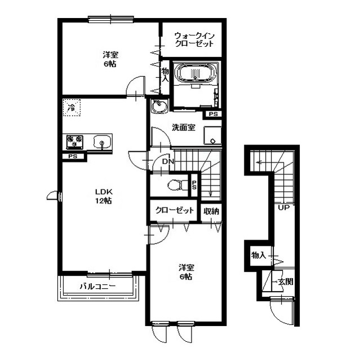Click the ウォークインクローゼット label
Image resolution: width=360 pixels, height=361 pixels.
(194, 40)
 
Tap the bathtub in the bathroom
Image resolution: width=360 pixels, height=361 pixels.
(195, 72)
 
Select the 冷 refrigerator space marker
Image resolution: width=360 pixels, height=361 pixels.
(72, 108)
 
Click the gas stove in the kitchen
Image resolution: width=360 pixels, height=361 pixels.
(75, 141)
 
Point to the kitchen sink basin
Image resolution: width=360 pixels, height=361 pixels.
(102, 142)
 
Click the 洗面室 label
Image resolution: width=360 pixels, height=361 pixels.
(184, 127)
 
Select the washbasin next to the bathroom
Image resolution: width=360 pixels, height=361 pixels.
(160, 107)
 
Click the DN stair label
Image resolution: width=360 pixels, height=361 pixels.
(168, 162)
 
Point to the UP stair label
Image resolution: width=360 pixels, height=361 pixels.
(284, 208)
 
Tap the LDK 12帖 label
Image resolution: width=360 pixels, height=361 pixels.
(104, 196)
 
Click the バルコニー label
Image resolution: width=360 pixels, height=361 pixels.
(97, 287)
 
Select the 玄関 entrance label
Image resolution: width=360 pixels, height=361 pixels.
(286, 281)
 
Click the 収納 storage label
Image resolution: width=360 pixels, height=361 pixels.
(211, 211)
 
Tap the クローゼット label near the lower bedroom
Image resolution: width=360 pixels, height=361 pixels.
(175, 210)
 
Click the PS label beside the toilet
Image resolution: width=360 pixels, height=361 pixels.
(194, 184)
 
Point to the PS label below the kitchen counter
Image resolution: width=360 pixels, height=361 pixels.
(73, 157)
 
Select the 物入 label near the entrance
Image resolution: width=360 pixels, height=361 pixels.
(259, 255)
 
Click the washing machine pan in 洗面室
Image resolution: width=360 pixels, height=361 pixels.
(212, 135)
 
